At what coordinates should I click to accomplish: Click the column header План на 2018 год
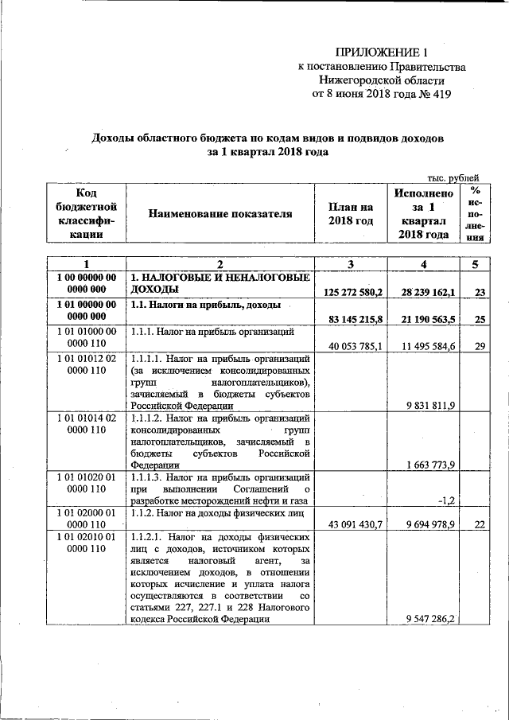pos(351,213)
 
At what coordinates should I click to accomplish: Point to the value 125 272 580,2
pos(353,293)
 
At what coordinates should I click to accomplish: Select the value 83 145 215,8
pos(353,320)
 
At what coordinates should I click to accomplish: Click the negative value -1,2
pos(445,500)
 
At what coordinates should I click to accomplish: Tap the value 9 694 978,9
pos(428,525)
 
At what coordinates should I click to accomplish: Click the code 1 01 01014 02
pos(86,418)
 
